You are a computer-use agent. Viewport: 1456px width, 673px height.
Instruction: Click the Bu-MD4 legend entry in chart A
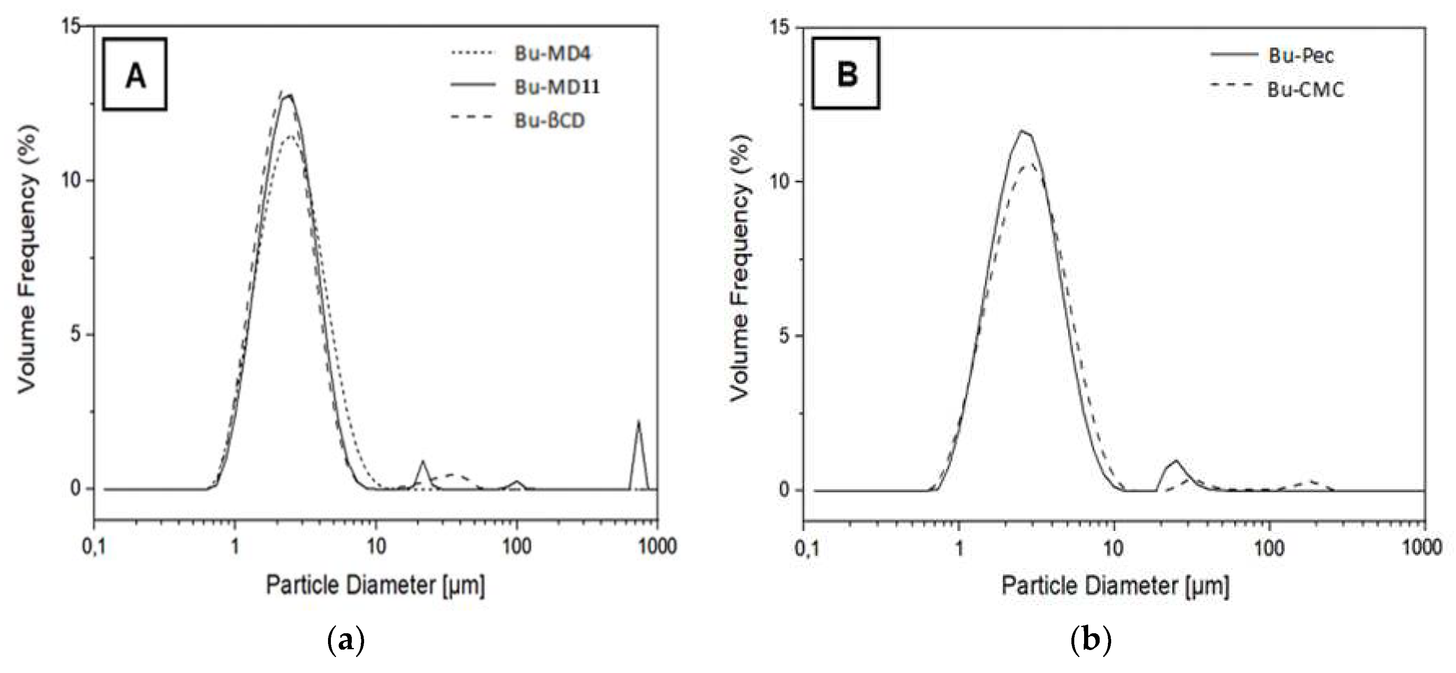pos(552,54)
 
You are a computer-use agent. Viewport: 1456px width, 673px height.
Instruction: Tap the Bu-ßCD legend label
pos(549,121)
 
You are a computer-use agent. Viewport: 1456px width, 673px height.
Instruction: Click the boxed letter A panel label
pos(134,75)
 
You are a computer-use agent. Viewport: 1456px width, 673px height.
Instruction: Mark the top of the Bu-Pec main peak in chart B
pos(1022,132)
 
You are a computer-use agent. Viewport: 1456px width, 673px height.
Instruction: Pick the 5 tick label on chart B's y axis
pos(784,336)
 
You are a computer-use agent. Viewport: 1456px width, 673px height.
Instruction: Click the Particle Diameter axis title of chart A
pos(375,585)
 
